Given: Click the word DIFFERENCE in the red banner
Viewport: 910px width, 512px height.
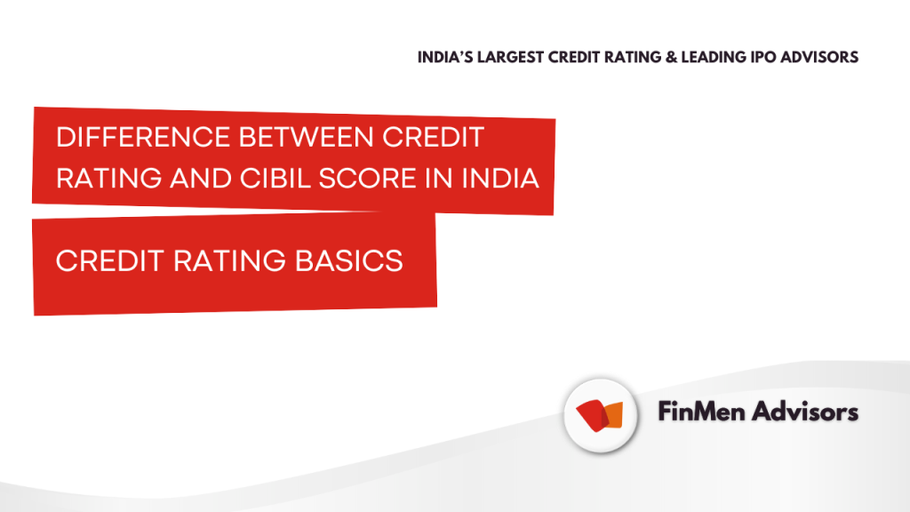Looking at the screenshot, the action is coord(143,138).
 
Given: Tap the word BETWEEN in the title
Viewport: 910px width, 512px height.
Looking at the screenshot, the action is coord(307,138).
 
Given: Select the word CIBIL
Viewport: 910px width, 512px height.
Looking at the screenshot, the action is coord(275,178).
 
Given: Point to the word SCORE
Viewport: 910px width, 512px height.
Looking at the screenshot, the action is coord(367,178).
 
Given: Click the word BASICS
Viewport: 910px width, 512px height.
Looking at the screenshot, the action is coord(348,260).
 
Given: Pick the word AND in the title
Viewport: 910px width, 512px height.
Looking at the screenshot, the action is coord(201,178).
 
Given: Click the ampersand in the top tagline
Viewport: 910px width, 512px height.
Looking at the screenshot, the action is coord(672,58).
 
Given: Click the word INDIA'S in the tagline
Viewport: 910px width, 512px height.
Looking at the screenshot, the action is coord(446,58).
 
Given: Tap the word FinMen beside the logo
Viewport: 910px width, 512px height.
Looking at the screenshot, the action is coord(701,412).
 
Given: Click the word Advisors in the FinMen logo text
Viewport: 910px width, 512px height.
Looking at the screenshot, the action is coord(805,412).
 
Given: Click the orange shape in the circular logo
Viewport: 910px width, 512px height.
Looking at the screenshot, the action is coord(613,415).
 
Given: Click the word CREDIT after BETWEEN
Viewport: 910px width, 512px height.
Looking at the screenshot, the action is coord(433,138).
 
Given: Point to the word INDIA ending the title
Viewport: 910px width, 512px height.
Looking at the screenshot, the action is coord(500,178).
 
